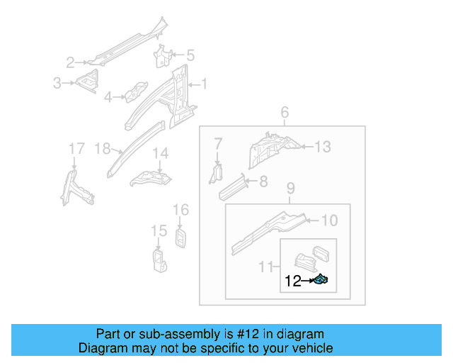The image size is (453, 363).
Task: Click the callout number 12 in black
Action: [x=292, y=281]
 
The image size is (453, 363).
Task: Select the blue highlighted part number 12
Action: [x=320, y=281]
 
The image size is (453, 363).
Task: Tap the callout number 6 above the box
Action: [x=285, y=113]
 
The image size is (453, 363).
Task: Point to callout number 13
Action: [x=323, y=147]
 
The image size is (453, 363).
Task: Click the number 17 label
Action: [x=76, y=148]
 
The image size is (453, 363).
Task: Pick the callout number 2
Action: [x=70, y=62]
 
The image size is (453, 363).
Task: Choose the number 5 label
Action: [x=190, y=55]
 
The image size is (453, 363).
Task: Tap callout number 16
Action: [x=180, y=209]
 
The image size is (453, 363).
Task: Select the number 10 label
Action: [x=330, y=220]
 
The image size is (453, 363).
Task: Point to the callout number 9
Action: [x=290, y=189]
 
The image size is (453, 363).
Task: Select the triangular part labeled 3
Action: [x=88, y=83]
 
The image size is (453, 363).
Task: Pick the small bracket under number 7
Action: [x=217, y=172]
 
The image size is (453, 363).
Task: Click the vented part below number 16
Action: [x=180, y=238]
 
